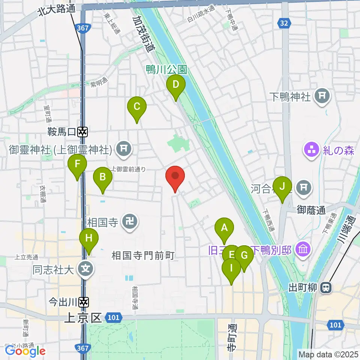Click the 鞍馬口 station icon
[x=83, y=132]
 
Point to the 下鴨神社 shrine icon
[x=322, y=96]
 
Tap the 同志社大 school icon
[x=86, y=268]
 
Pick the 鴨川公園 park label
[x=166, y=69]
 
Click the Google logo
[x=25, y=351]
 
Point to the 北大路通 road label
[x=56, y=12]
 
